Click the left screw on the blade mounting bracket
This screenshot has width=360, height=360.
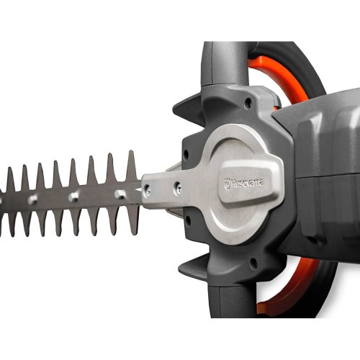(148, 191)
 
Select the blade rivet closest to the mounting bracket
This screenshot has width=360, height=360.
(119, 194)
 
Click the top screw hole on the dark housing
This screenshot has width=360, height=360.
(248, 104)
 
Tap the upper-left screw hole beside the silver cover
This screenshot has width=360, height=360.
(186, 153)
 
